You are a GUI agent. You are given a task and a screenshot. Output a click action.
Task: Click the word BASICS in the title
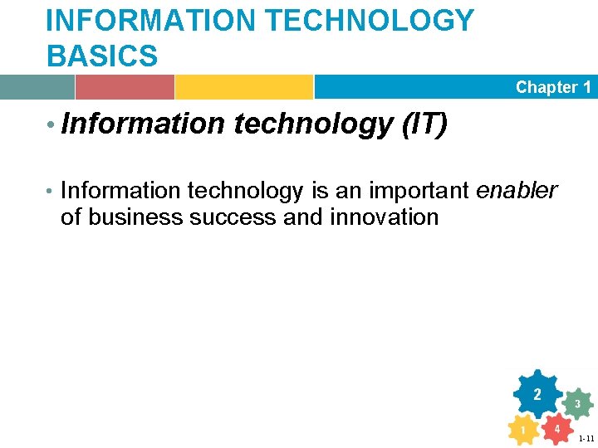102,56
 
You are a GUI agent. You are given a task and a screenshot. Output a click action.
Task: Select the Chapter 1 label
553,87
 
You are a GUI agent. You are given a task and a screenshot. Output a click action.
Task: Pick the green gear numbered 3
577,404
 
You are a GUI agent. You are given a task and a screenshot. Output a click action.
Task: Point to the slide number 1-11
586,438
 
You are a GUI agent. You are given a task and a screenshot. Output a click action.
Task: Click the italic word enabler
517,191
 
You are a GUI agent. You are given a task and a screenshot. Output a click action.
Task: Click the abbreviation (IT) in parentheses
424,124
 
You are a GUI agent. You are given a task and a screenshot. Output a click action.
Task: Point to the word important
419,192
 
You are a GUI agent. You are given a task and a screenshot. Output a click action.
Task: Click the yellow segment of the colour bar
243,87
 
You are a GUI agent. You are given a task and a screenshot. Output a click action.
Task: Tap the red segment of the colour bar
125,87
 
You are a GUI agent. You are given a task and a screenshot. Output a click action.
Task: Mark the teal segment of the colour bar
37,87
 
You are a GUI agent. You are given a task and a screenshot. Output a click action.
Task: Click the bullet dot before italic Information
51,125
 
